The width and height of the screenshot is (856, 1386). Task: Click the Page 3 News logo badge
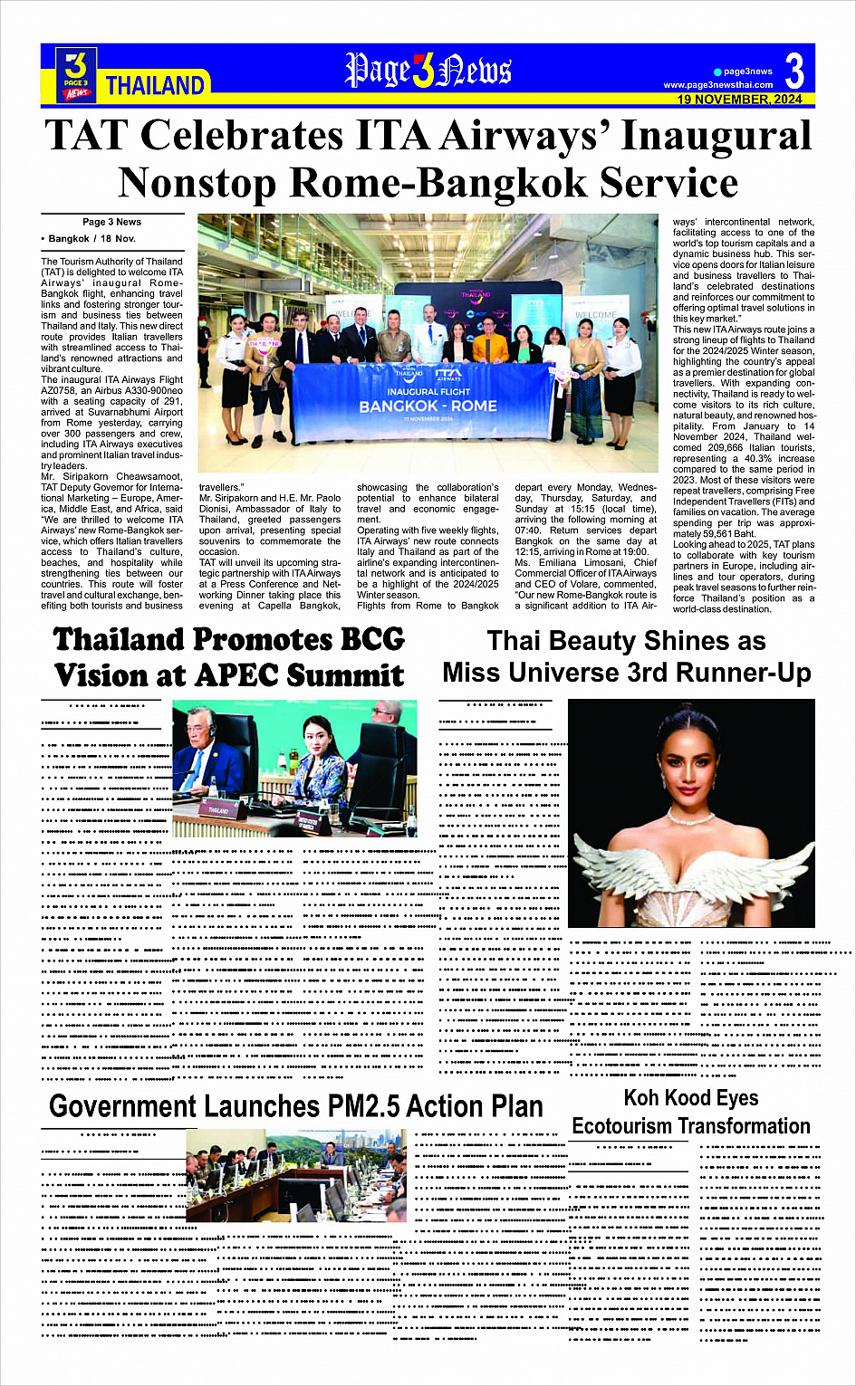pyautogui.click(x=77, y=74)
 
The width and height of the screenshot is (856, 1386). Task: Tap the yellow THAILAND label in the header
pyautogui.click(x=155, y=86)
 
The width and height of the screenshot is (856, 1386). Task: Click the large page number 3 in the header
pyautogui.click(x=794, y=70)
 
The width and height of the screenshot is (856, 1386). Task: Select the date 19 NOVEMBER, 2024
pyautogui.click(x=739, y=100)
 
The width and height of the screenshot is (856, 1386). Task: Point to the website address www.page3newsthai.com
pyautogui.click(x=717, y=85)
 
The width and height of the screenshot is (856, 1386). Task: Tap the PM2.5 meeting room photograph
pyautogui.click(x=297, y=1176)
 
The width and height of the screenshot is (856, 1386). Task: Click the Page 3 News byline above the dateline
pyautogui.click(x=111, y=222)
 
